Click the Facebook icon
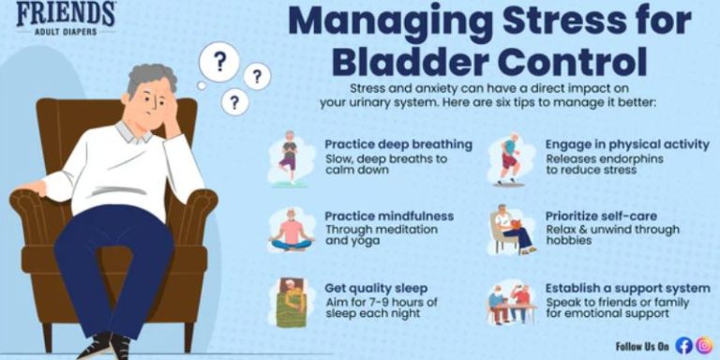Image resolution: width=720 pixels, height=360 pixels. [683, 344]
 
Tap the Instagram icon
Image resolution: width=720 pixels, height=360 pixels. [704, 344]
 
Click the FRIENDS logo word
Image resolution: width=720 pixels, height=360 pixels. [66, 13]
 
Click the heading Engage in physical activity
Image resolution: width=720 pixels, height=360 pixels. [627, 144]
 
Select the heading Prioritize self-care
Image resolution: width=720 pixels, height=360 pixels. [601, 216]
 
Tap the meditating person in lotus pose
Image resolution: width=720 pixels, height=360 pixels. [289, 230]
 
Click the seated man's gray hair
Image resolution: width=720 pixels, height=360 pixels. [150, 80]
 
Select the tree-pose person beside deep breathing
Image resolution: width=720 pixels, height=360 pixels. [289, 155]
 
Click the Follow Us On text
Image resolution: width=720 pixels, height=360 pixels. [643, 344]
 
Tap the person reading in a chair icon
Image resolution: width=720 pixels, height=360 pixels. [511, 231]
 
